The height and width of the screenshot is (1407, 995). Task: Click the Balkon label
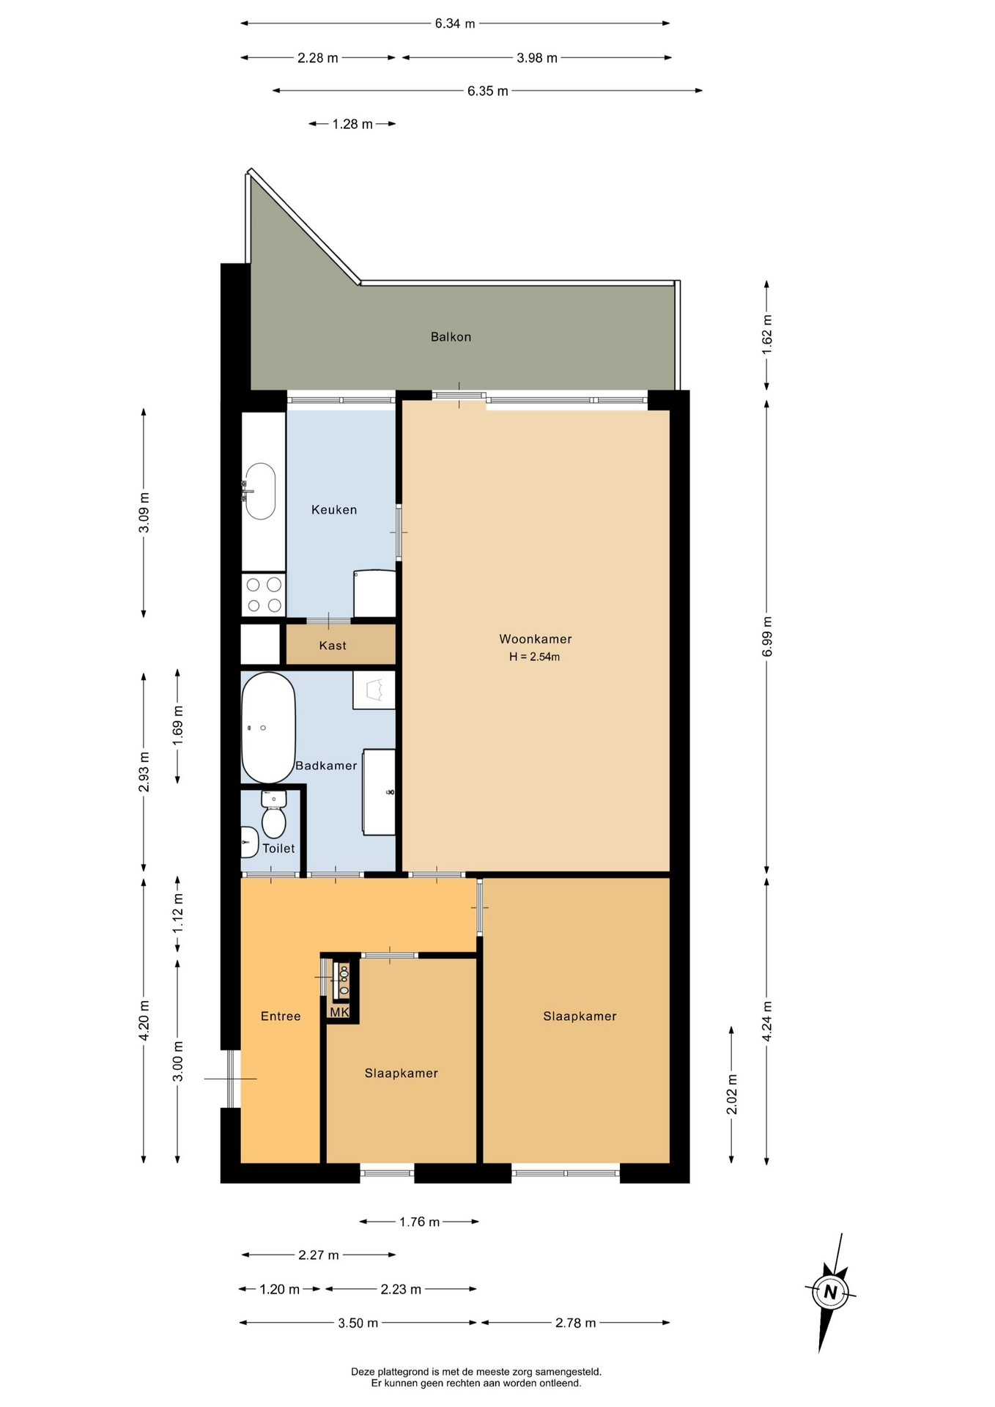pos(451,337)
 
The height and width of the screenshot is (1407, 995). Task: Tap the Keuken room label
pos(334,510)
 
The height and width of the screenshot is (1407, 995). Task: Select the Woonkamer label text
pos(536,639)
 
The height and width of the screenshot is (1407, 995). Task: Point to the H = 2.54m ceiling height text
pos(535,657)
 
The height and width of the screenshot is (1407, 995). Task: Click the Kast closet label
pos(333,646)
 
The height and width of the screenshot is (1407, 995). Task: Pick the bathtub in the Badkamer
pos(268,728)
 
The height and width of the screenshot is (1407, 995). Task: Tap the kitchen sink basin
pos(260,491)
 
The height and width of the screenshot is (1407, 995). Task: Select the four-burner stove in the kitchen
pos(264,595)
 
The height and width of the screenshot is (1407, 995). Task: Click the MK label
pos(339,1012)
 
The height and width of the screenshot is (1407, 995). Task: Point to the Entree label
pos(281,1016)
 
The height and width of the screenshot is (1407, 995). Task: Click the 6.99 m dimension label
pos(767,638)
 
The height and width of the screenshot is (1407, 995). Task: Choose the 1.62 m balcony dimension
pos(767,334)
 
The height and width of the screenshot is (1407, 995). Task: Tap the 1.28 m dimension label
pos(352,124)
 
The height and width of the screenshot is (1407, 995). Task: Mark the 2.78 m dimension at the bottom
pos(575,1323)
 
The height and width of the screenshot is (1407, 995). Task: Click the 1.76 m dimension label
pos(419,1222)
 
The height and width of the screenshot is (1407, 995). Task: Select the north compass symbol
pos(830,1292)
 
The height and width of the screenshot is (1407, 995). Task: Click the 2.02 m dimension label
pos(732,1094)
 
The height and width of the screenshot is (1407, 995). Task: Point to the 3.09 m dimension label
pos(144,513)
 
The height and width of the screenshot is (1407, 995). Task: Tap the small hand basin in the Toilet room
pos(249,842)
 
